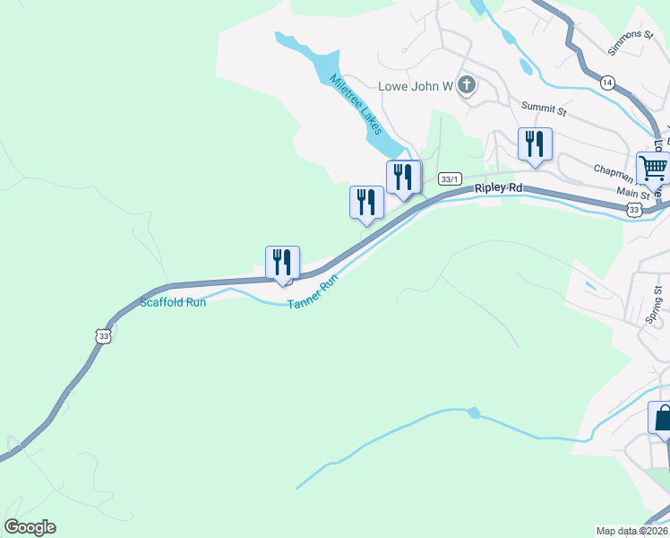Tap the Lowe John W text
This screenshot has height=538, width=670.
pos(417,86)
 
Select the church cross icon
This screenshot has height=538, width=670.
pos(466,86)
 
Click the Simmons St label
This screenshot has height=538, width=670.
pos(631,42)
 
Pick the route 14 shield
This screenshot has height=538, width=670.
pos(608,83)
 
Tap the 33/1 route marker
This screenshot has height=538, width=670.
pos(451,179)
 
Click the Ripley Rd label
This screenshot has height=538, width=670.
pos(498,188)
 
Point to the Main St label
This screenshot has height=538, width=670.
pos(633,193)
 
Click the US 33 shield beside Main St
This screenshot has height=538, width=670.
pos(634,209)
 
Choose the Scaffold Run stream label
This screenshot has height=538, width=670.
pos(173,303)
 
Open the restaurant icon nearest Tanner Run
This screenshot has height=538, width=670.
pos(282,263)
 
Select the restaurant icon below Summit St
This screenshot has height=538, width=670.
pos(535,143)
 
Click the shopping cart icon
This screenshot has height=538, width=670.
pos(653,168)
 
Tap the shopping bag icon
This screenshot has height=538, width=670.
pos(662,419)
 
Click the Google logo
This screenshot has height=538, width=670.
pos(30,527)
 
